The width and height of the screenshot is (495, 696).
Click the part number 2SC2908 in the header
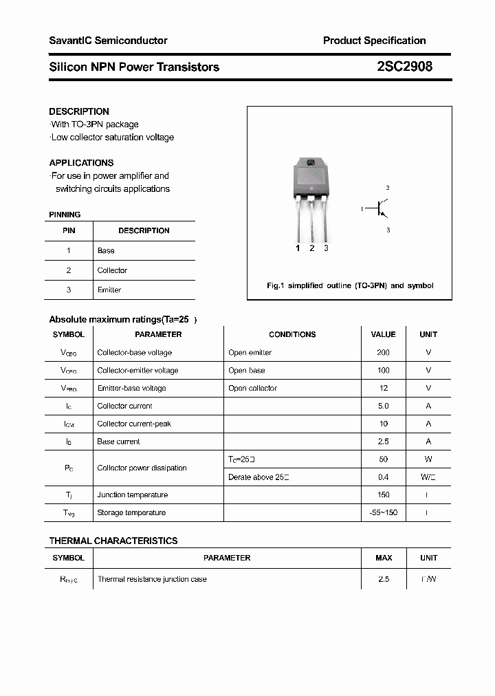(404, 67)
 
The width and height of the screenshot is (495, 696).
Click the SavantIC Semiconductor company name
(108, 41)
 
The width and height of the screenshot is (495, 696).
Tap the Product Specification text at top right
(374, 41)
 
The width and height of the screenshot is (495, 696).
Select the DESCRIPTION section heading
(79, 111)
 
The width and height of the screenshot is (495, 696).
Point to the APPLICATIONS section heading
(81, 163)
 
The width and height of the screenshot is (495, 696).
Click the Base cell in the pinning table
(106, 251)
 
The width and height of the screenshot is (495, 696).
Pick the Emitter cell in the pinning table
(109, 290)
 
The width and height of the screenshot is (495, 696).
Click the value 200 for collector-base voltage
(383, 352)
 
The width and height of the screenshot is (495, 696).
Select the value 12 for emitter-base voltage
(383, 388)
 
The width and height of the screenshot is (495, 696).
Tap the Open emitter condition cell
(250, 352)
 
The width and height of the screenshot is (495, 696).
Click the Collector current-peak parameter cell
(134, 424)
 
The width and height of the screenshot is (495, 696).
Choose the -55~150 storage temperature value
(383, 512)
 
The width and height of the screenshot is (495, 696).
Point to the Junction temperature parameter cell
(133, 494)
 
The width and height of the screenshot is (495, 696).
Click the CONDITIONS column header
(292, 334)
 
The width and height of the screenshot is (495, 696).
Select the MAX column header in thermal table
(384, 558)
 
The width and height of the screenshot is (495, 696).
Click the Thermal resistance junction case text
(152, 579)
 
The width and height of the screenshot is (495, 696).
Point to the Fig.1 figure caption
(349, 285)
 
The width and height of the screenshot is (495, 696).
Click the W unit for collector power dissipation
(428, 459)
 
